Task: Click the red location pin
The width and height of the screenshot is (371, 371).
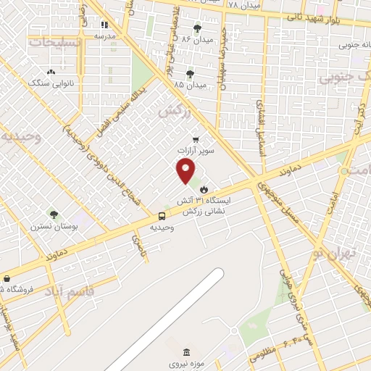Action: coord(186,170)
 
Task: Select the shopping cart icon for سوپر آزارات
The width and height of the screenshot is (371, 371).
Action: coord(195,140)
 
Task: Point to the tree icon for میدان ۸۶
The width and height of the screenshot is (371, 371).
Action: coord(197,28)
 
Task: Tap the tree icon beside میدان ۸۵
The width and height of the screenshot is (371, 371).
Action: coord(190,74)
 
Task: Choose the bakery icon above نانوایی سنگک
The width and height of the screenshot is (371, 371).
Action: coord(51,72)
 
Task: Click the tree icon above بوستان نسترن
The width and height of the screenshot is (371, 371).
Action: coord(53,214)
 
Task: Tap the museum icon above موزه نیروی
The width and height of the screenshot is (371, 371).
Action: coord(188,352)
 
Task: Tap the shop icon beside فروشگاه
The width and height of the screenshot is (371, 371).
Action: coord(7,278)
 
